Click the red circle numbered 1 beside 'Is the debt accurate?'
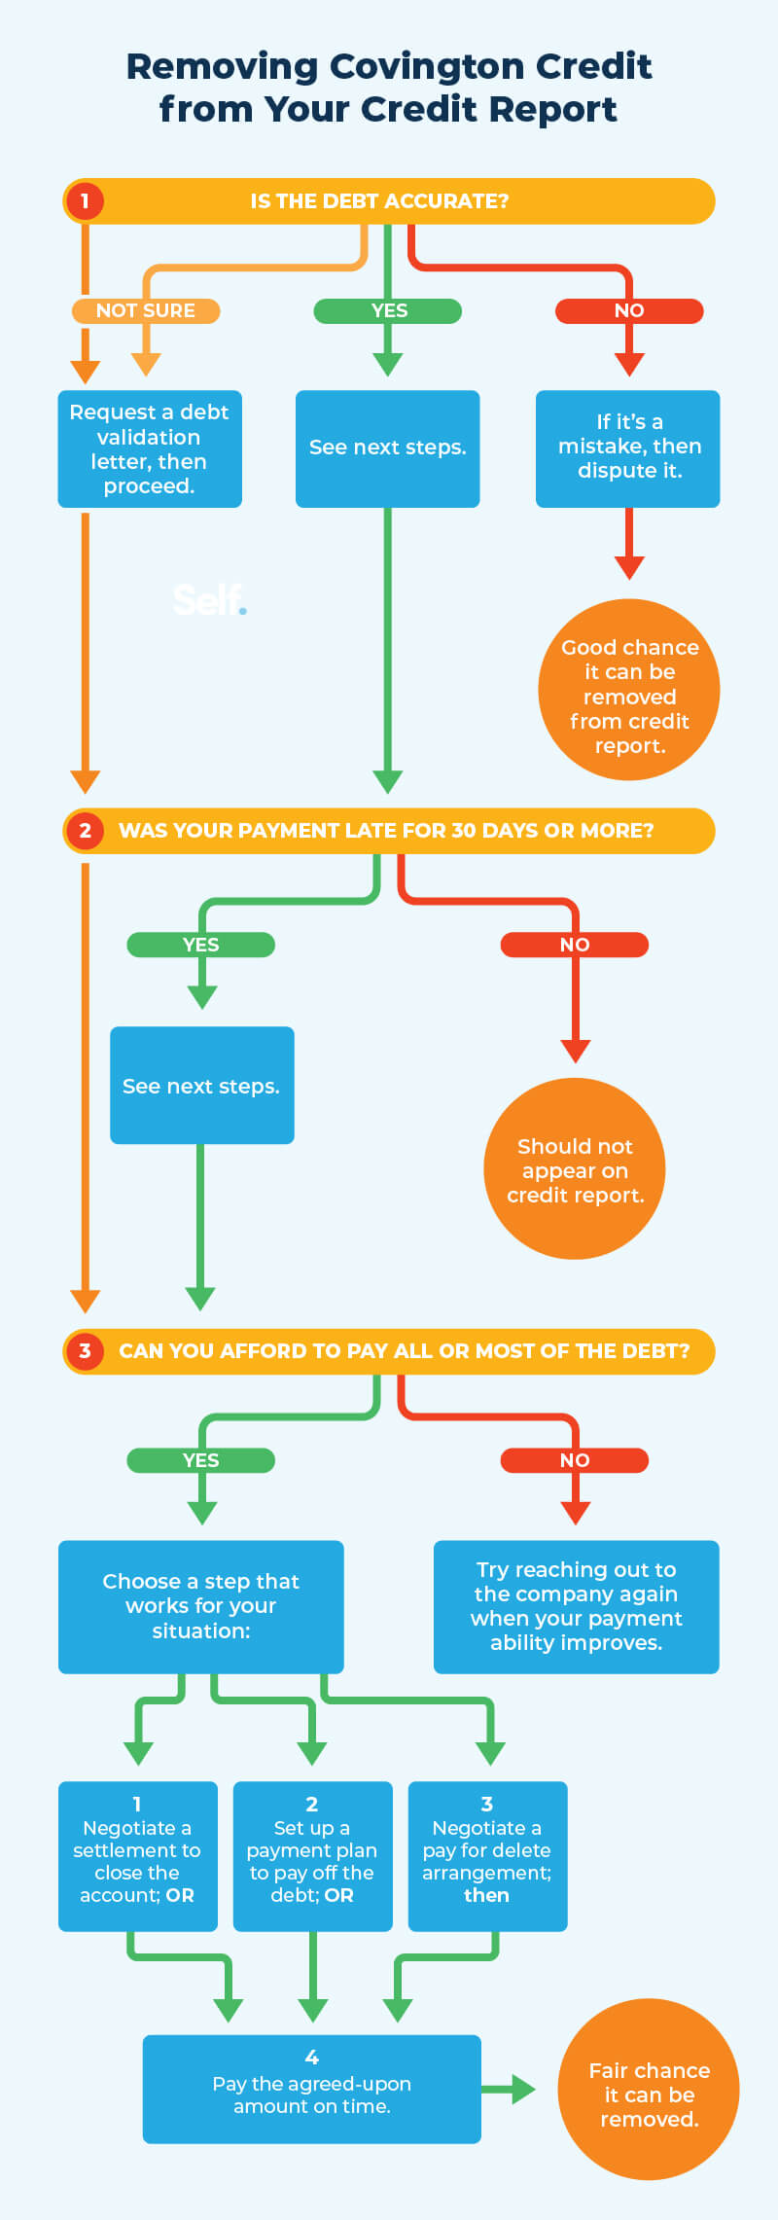tap(85, 201)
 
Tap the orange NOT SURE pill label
tap(146, 310)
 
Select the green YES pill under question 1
tap(388, 310)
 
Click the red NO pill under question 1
tap(629, 310)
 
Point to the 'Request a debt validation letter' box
tap(150, 448)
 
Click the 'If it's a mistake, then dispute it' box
tap(628, 448)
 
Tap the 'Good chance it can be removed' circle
tap(629, 690)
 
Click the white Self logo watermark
tap(209, 599)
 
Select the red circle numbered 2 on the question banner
tap(85, 831)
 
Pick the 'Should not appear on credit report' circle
tap(575, 1168)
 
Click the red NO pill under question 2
tap(575, 945)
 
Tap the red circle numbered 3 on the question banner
tap(85, 1351)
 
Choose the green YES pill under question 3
tap(201, 1460)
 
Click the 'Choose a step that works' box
tap(201, 1606)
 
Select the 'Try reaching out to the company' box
tap(576, 1606)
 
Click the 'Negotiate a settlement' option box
tap(137, 1855)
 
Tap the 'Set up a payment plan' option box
tap(312, 1855)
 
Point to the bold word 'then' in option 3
tap(486, 1895)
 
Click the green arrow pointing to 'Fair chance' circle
tap(512, 2089)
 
